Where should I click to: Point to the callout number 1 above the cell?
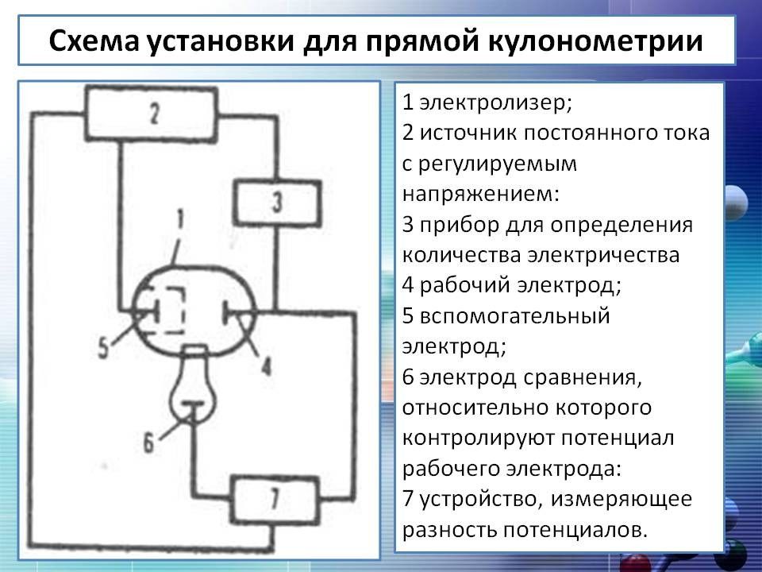180,219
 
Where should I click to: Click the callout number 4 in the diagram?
266,365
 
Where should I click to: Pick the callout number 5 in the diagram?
103,348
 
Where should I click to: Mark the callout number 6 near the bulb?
148,443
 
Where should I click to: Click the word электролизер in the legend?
492,102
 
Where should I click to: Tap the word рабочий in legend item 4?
464,285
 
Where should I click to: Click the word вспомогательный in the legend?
514,316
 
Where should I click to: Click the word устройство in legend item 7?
477,500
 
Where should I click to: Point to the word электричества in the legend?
602,255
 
